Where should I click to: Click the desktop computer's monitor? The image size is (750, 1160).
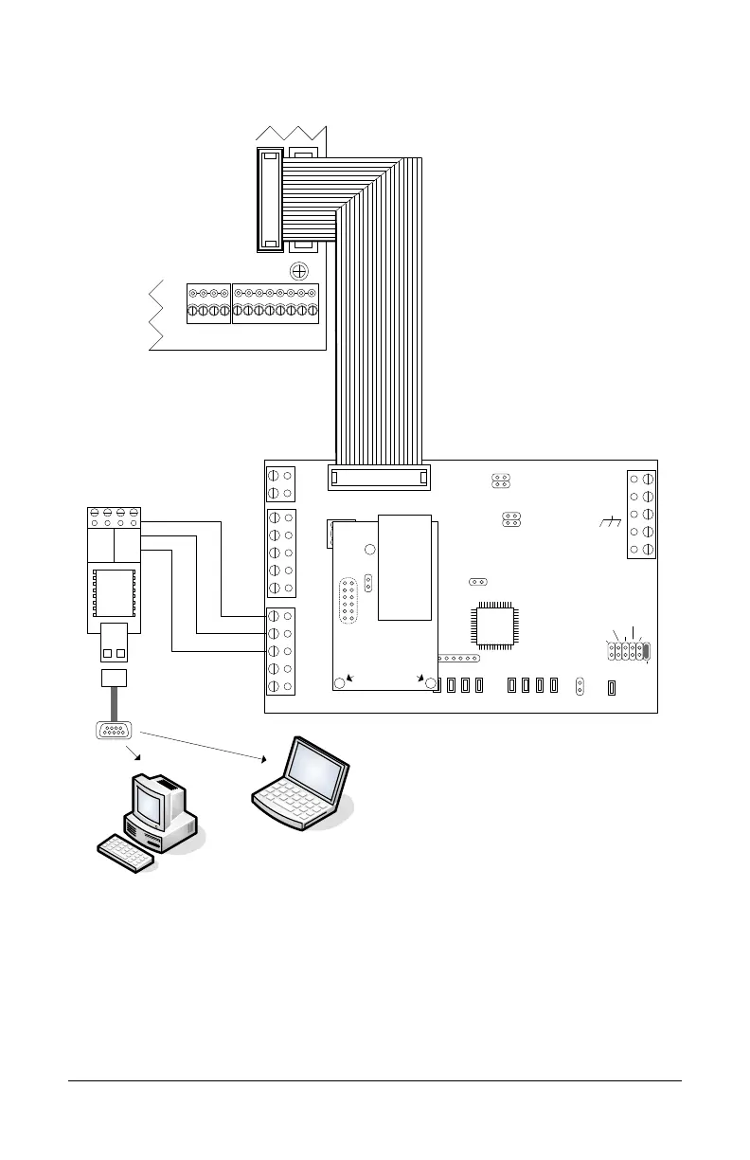(152, 802)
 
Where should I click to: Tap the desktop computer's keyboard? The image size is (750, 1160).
(126, 853)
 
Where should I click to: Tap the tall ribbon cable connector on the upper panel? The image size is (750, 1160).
(270, 199)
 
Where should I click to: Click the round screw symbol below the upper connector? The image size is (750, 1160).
(300, 271)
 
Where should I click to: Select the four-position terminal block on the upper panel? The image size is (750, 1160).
(208, 303)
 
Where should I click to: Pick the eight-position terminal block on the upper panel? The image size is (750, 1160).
(275, 303)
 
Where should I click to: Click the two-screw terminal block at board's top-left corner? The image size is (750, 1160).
(280, 482)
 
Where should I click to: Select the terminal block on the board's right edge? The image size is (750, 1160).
(641, 514)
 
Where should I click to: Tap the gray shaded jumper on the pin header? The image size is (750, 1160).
(647, 651)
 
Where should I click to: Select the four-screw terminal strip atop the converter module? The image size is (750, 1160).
(114, 518)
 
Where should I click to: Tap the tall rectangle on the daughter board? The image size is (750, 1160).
(405, 567)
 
